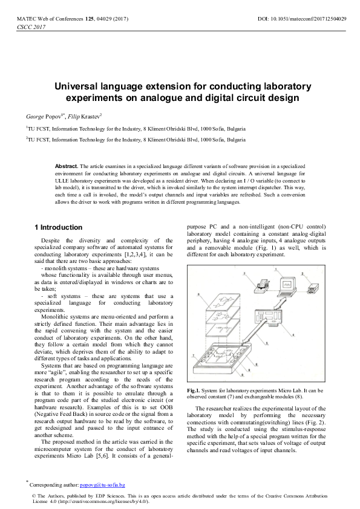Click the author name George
36,115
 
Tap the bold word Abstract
67,166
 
